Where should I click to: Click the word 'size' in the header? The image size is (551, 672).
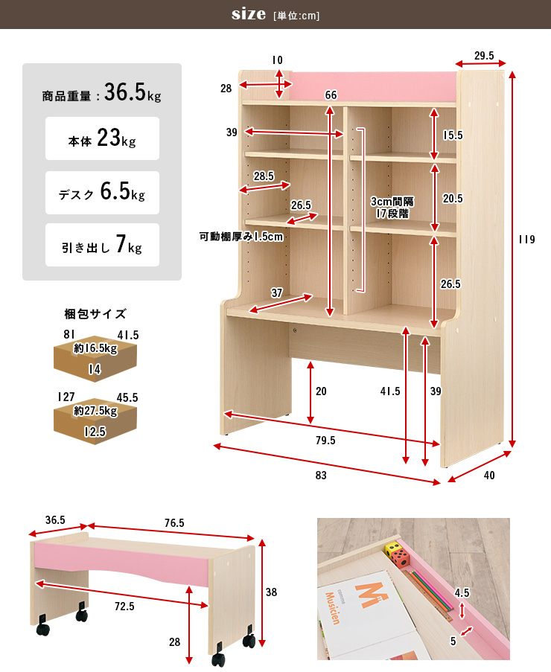249,14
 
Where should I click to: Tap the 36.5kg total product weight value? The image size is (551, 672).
133,92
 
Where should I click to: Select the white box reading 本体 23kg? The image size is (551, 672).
103,138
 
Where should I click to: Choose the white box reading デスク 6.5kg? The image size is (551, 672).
103,193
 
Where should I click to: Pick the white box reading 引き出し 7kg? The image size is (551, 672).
103,245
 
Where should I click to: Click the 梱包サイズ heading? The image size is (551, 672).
95,314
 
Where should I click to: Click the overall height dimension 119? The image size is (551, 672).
526,239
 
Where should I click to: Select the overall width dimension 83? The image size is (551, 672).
321,476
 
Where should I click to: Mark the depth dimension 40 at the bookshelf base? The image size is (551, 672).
489,476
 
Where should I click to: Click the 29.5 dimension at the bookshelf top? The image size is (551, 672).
484,56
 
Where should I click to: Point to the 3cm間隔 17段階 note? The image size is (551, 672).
392,208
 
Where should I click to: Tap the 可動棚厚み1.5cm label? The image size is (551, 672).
241,237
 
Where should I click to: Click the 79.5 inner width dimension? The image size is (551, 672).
325,441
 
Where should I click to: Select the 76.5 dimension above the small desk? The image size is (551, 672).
174,523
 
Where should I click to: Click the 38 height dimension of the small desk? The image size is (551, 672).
272,592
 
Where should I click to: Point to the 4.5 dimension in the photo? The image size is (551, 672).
462,592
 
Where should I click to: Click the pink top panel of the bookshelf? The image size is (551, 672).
372,87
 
